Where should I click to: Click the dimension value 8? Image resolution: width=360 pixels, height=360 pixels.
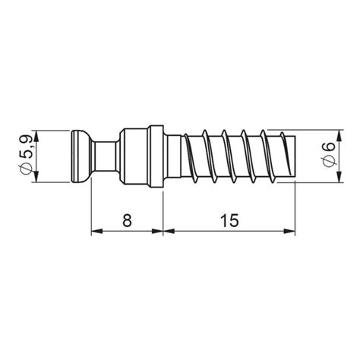pos(127,221)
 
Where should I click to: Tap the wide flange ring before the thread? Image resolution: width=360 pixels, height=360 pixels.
pos(156,157)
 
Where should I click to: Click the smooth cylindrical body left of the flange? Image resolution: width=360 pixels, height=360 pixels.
pos(133,157)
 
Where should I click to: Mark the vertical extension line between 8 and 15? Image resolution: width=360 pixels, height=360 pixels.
pos(163,213)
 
